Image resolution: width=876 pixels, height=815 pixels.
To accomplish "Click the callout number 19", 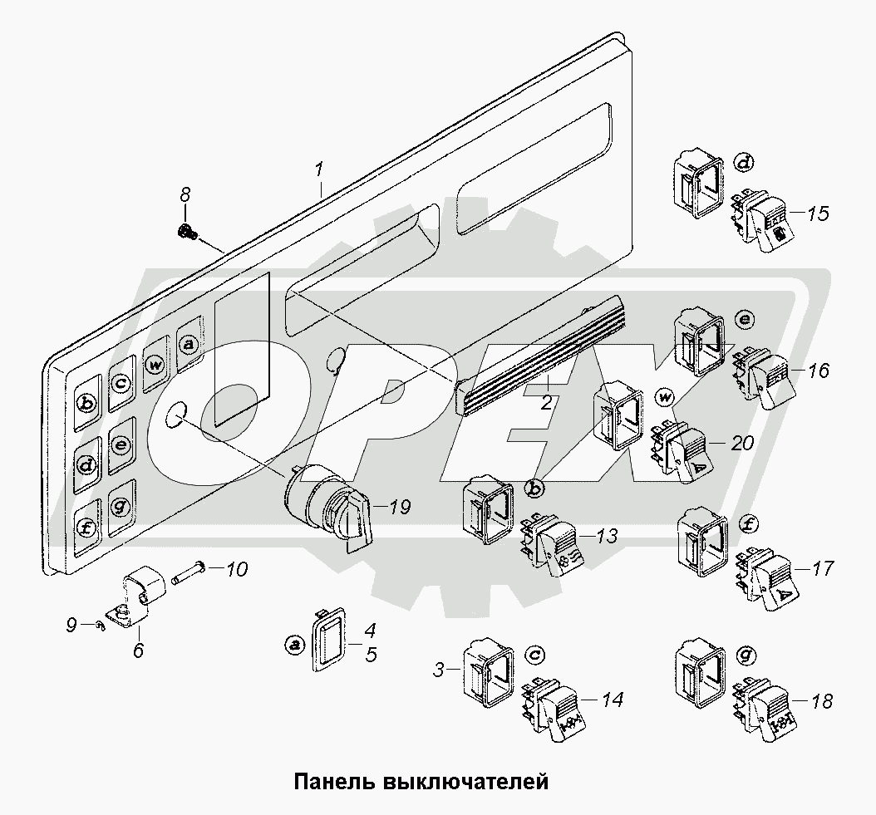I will pyautogui.click(x=400, y=507).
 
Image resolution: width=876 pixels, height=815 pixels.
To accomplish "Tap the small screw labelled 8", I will pyautogui.click(x=186, y=233).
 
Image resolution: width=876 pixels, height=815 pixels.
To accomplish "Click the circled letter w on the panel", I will pyautogui.click(x=155, y=364).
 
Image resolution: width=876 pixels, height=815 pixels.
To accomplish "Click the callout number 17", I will pyautogui.click(x=822, y=569).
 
